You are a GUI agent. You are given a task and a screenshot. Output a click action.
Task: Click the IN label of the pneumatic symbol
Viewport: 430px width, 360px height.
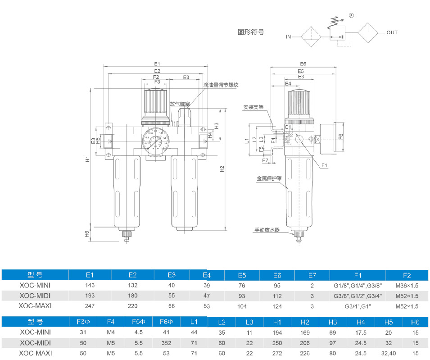point(288,37)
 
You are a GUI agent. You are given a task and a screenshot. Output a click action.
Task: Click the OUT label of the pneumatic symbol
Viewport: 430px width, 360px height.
point(392,32)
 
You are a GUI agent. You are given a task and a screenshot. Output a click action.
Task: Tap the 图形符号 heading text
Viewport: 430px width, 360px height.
point(250,32)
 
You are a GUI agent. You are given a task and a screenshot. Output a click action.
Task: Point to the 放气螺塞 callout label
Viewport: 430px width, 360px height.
point(180,103)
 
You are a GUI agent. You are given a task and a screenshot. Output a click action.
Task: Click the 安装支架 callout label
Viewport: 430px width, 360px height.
point(253,107)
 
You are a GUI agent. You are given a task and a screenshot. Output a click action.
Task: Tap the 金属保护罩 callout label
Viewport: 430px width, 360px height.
point(269,178)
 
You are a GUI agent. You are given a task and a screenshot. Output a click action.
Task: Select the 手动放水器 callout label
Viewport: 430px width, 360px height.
point(267,230)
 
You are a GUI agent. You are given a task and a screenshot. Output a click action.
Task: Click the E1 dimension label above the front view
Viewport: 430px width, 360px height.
point(157,64)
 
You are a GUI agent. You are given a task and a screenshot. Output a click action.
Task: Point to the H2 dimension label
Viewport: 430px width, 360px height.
point(222,169)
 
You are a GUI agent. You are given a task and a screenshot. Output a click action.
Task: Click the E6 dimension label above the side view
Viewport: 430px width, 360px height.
point(303,64)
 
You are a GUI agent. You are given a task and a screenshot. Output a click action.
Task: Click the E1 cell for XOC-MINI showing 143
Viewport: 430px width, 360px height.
point(90,285)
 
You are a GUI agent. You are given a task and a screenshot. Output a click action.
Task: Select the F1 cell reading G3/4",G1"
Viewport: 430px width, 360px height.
point(358,306)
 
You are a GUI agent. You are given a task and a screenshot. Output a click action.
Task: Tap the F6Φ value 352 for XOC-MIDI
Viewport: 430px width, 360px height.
point(167,343)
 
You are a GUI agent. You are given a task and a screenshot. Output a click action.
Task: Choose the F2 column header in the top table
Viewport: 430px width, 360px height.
point(407,275)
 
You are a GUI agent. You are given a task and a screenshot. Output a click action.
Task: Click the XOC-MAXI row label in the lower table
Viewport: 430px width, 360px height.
point(36,353)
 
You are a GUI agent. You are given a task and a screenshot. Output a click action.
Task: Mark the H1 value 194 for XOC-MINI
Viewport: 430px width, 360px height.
point(277,333)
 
